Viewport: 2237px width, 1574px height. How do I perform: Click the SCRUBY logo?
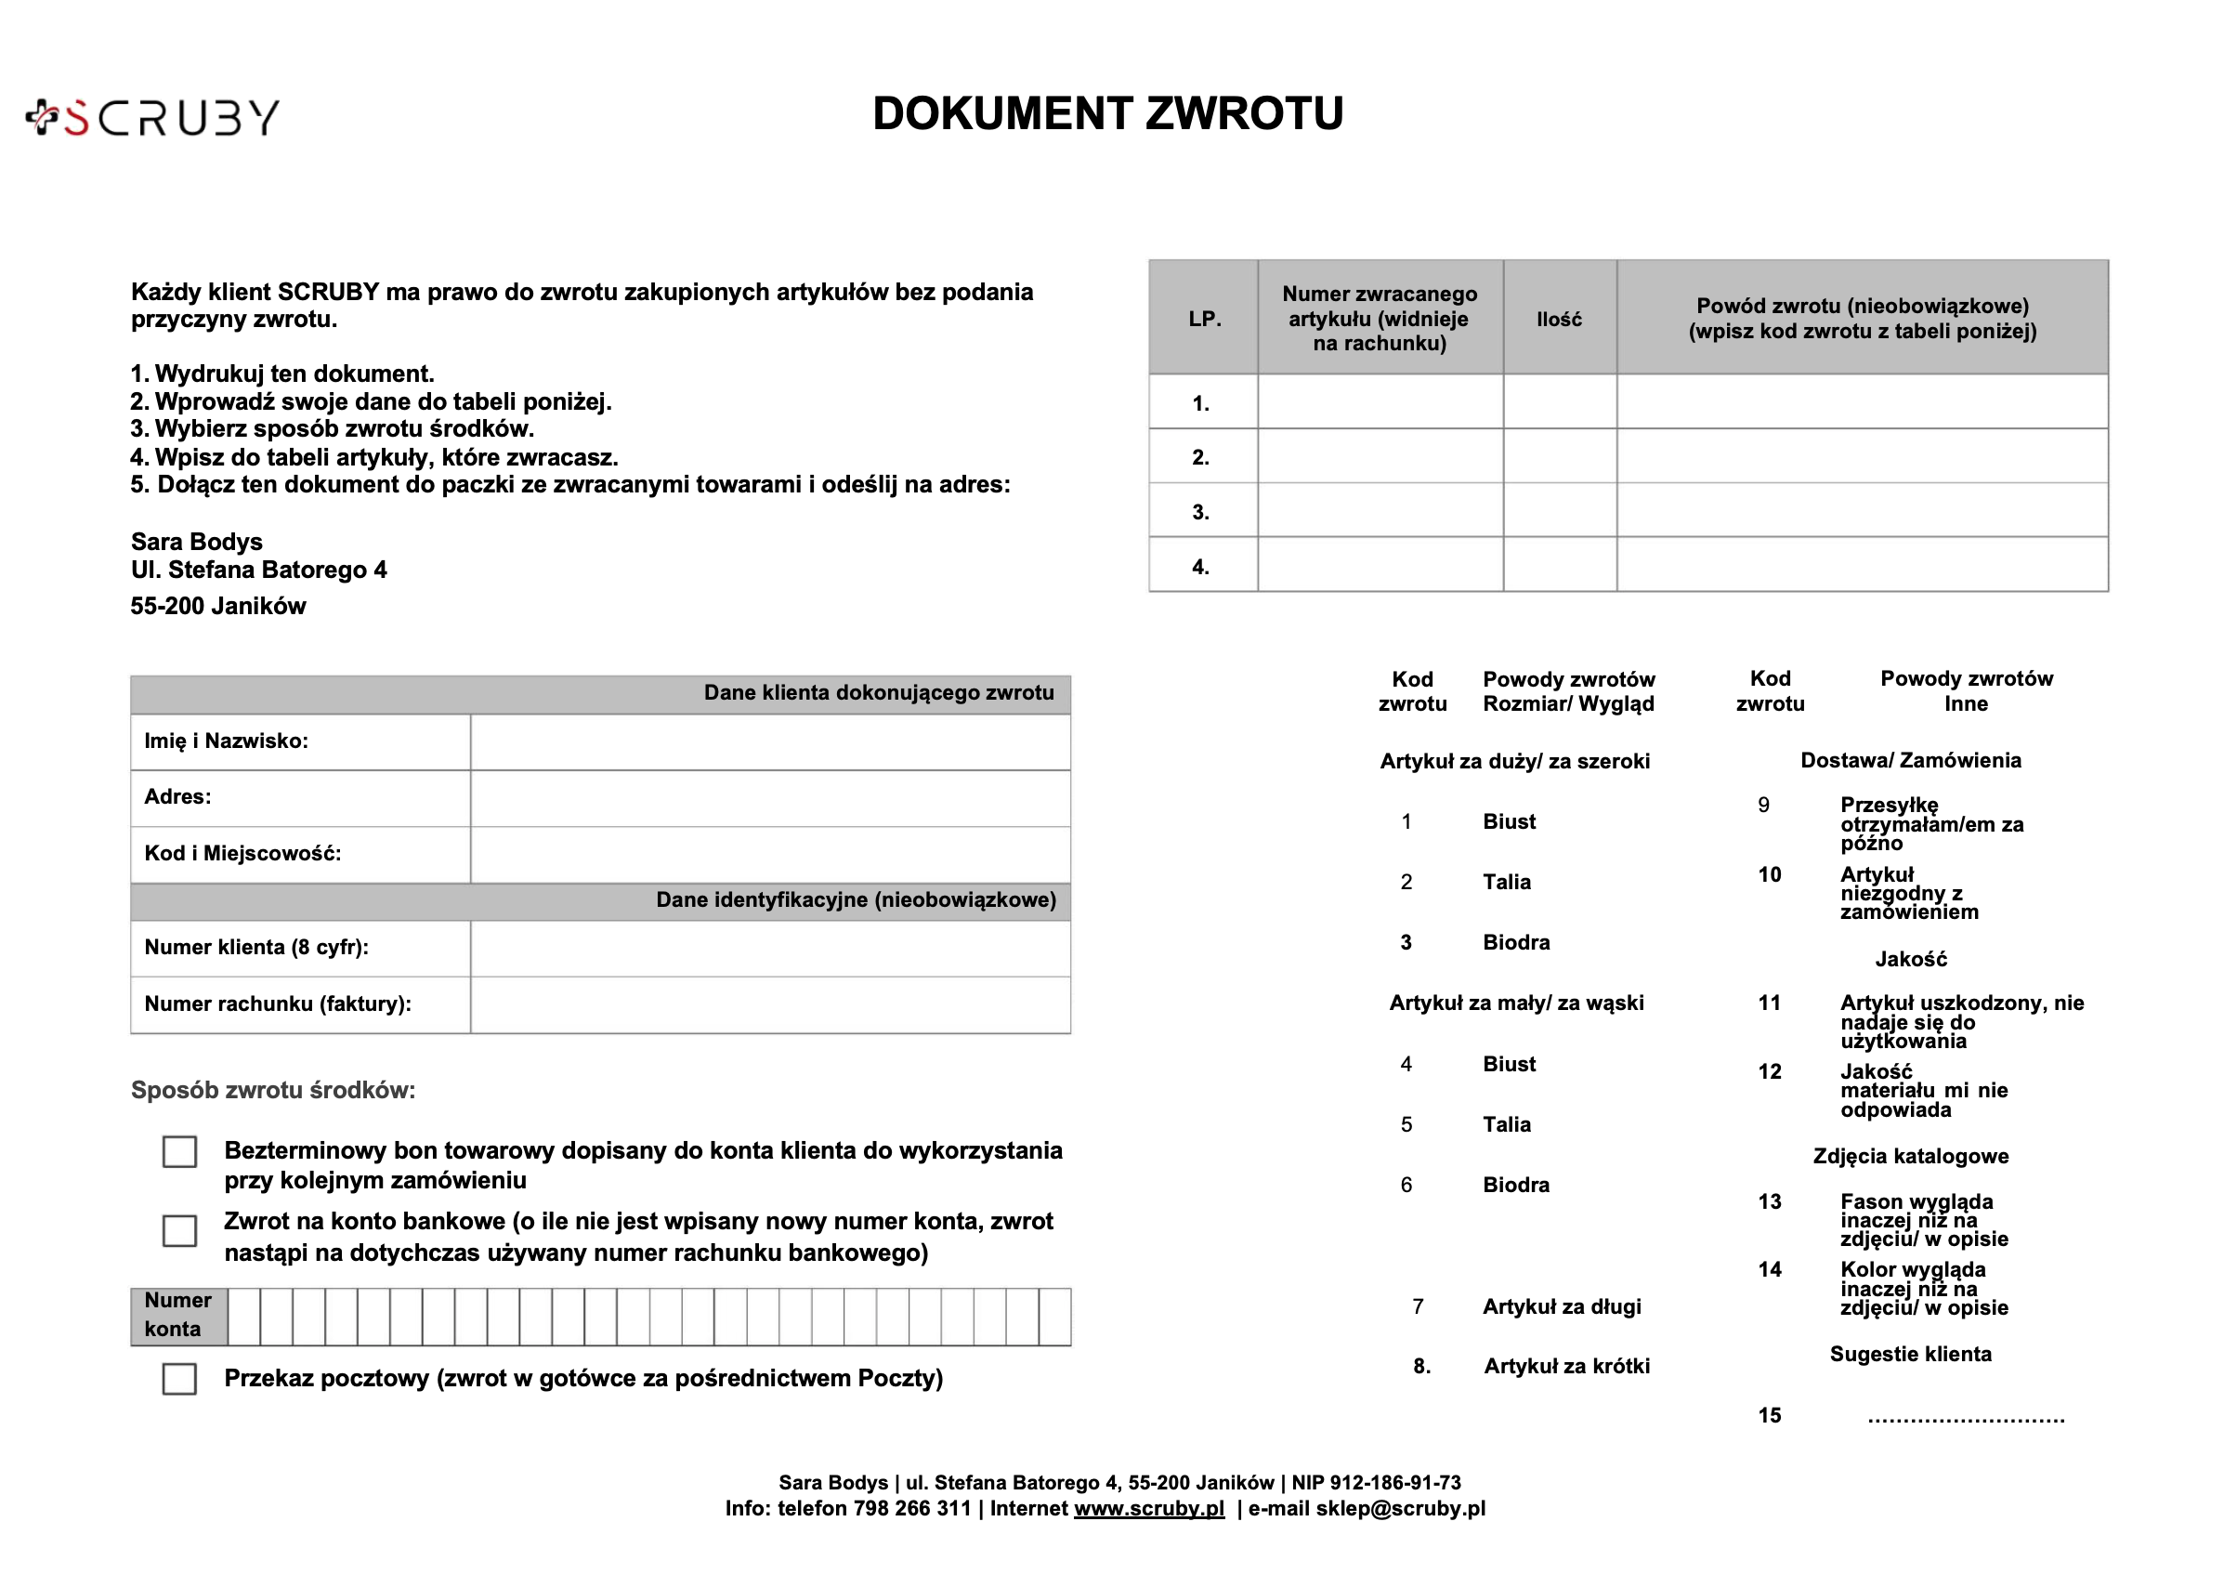[x=153, y=118]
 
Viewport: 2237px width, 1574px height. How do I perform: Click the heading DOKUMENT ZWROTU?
[x=1107, y=114]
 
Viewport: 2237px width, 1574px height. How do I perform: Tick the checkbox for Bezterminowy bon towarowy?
[x=179, y=1151]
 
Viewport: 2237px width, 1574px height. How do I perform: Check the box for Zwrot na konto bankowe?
[x=179, y=1230]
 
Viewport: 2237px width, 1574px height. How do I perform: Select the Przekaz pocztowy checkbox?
[x=179, y=1378]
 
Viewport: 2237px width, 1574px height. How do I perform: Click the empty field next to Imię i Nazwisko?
[x=770, y=741]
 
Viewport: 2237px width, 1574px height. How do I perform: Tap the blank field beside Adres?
[x=770, y=798]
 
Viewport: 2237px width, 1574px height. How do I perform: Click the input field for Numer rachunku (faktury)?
[x=770, y=1004]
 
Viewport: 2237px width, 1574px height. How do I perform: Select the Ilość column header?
[x=1559, y=319]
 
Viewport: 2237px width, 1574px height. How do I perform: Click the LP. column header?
[x=1204, y=319]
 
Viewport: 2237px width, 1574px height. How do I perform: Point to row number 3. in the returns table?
[x=1201, y=512]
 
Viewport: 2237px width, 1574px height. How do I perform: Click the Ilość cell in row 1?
[x=1559, y=402]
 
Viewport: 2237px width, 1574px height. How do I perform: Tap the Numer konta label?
[x=178, y=1315]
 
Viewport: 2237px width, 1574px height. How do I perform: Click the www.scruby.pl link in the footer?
[x=1149, y=1509]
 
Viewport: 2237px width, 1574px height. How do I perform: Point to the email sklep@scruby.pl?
[x=1400, y=1509]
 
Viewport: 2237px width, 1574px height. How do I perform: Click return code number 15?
[x=1770, y=1415]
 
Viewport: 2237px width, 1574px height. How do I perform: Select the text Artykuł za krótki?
[x=1566, y=1367]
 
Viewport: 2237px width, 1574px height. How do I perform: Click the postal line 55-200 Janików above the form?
[x=218, y=606]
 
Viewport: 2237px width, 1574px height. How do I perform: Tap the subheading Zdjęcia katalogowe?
[x=1911, y=1156]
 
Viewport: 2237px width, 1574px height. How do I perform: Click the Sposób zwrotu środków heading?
[x=273, y=1090]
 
